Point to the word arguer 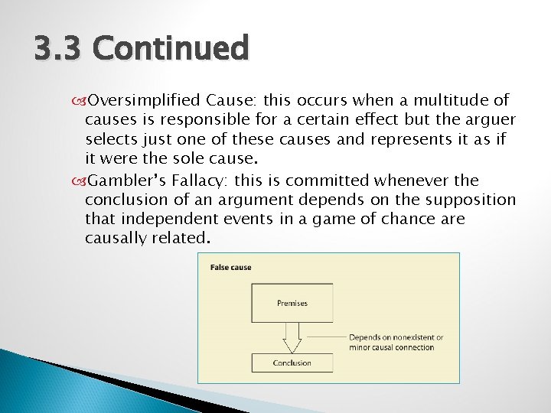tap(489, 121)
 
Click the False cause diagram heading tap(231, 268)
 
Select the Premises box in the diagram tap(292, 303)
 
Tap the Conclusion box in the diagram tap(292, 363)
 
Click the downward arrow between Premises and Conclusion tap(292, 337)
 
